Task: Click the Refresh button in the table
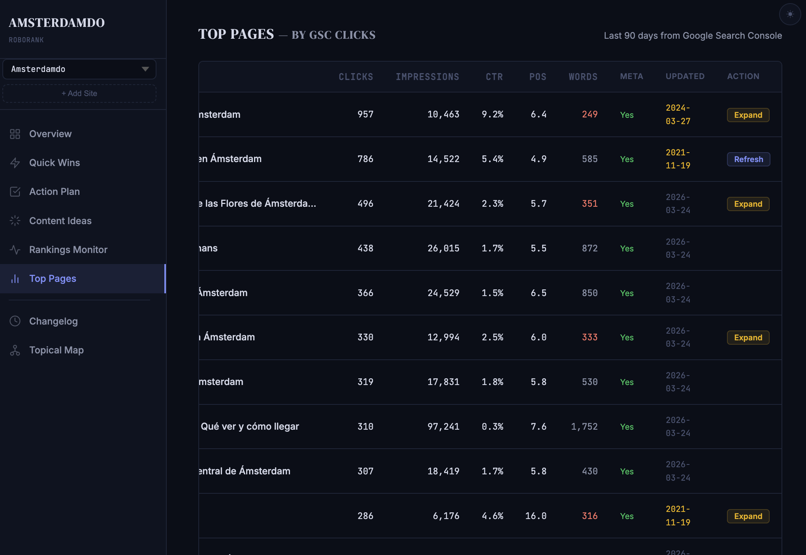748,159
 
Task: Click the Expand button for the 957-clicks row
748,115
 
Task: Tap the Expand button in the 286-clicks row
748,516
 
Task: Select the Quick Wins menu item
55,163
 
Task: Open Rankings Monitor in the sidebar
68,250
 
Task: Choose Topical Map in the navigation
56,350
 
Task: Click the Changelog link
53,321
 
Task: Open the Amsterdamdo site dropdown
79,69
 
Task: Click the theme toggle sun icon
790,14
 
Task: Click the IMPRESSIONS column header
427,77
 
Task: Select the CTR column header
494,77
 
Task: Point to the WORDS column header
583,77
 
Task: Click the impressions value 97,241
443,427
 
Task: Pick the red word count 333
589,337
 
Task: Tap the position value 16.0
536,516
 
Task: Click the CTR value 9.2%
492,114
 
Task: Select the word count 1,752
584,427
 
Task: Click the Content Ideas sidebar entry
60,221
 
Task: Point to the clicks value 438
365,248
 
